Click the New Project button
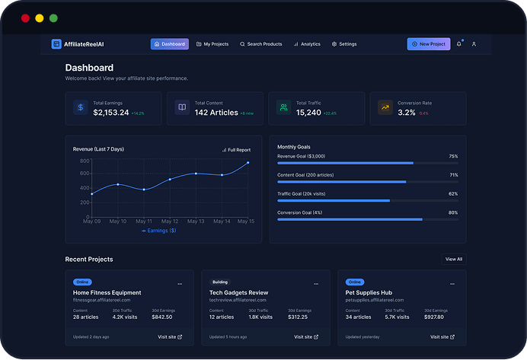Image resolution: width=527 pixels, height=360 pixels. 428,44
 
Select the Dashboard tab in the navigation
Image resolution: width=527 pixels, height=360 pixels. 169,44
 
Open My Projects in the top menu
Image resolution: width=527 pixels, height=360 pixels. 212,44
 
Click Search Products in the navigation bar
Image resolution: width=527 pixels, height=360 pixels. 260,44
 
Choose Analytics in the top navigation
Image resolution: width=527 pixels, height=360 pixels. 307,44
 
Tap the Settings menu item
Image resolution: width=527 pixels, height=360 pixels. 344,44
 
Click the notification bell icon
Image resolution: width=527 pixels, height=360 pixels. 458,44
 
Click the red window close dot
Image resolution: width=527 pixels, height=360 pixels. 25,18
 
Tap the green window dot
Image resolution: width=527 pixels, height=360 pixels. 53,18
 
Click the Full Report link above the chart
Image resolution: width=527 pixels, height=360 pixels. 236,150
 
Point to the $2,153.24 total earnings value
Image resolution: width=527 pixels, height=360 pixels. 111,113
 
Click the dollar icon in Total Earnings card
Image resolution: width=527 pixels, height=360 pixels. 80,108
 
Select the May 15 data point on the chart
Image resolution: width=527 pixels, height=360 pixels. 248,163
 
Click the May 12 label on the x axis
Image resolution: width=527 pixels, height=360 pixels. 170,221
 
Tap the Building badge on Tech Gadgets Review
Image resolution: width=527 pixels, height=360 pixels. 219,282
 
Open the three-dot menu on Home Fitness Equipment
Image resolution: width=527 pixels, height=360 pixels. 180,283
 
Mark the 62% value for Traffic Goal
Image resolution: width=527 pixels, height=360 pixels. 453,194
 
